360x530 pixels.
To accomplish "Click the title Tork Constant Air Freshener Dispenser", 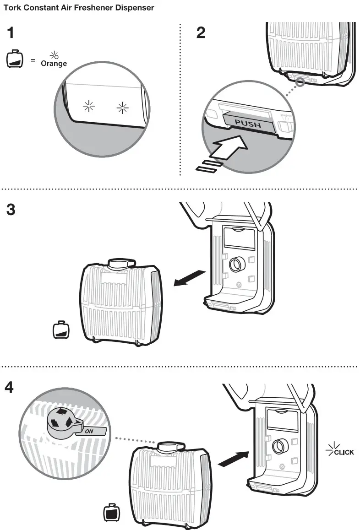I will coord(78,8).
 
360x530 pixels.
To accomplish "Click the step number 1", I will coord(11,33).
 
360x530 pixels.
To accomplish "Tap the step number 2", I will coord(201,33).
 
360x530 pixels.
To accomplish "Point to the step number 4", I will coord(10,388).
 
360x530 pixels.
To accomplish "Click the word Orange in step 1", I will coord(54,64).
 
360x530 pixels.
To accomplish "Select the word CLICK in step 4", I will coord(344,452).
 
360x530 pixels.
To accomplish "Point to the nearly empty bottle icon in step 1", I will coord(14,59).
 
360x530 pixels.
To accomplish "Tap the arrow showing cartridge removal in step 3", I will coord(189,277).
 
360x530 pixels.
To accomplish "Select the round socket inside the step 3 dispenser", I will coord(237,264).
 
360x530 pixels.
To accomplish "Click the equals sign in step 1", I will coord(33,60).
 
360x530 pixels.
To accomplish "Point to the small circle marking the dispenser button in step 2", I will coord(300,83).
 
